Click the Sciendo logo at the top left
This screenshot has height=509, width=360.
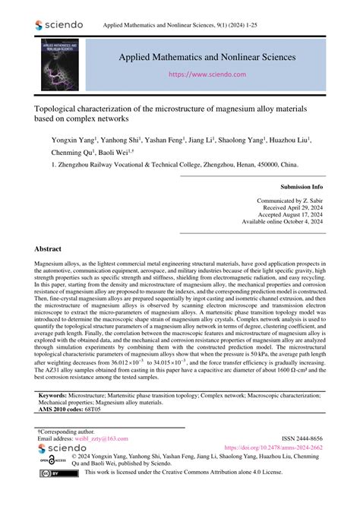(x=59, y=25)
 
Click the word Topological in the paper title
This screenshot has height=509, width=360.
(x=61, y=109)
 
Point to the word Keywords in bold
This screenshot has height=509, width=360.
(x=54, y=396)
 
